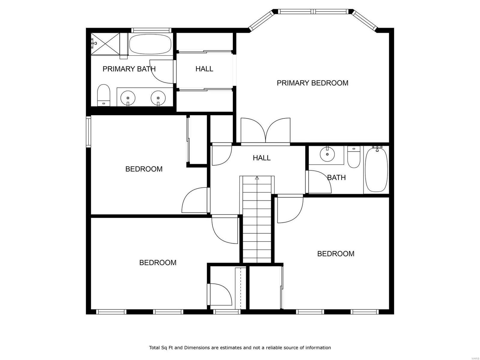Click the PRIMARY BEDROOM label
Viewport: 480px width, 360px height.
(x=312, y=83)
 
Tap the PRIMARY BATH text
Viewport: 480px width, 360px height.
(x=129, y=69)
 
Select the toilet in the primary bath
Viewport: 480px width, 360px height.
(x=104, y=95)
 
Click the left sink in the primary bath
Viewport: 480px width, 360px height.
(x=128, y=98)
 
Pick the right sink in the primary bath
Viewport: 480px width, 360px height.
(x=158, y=98)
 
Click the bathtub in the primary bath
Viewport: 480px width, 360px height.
(x=150, y=44)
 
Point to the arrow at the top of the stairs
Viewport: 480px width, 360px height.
(x=257, y=178)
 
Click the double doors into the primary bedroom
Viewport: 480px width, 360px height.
(x=265, y=130)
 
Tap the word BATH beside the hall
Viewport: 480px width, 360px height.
(x=336, y=178)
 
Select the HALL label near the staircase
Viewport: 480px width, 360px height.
(x=262, y=158)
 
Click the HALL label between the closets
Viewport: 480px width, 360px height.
(x=204, y=69)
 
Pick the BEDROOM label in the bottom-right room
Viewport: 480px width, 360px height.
(x=336, y=254)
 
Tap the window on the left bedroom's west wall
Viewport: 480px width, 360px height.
(x=88, y=131)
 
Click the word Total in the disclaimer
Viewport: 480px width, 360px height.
(x=154, y=348)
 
